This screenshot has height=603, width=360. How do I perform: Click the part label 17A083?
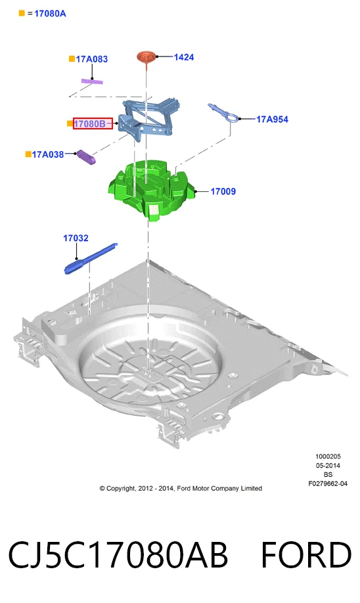pyautogui.click(x=91, y=59)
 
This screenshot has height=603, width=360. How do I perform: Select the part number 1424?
pyautogui.click(x=184, y=57)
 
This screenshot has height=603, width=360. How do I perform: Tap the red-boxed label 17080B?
pyautogui.click(x=93, y=123)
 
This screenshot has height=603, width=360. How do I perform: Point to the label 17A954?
pyautogui.click(x=273, y=119)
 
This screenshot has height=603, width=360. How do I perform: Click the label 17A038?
pyautogui.click(x=48, y=154)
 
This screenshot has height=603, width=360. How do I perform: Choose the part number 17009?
pyautogui.click(x=223, y=191)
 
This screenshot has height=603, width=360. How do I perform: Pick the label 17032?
pyautogui.click(x=76, y=238)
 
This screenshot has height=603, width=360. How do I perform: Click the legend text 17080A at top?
pyautogui.click(x=50, y=13)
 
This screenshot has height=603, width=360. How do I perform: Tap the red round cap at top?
pyautogui.click(x=146, y=56)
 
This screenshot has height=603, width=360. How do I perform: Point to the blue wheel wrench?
pyautogui.click(x=91, y=258)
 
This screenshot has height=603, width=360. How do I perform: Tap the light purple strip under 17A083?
pyautogui.click(x=92, y=81)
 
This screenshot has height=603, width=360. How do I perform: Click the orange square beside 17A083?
pyautogui.click(x=72, y=59)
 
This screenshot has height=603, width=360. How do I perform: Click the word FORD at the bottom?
pyautogui.click(x=306, y=555)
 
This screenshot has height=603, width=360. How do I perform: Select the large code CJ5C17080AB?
pyautogui.click(x=118, y=555)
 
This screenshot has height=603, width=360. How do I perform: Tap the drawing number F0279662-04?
pyautogui.click(x=328, y=484)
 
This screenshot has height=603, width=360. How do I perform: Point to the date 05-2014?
pyautogui.click(x=328, y=465)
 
